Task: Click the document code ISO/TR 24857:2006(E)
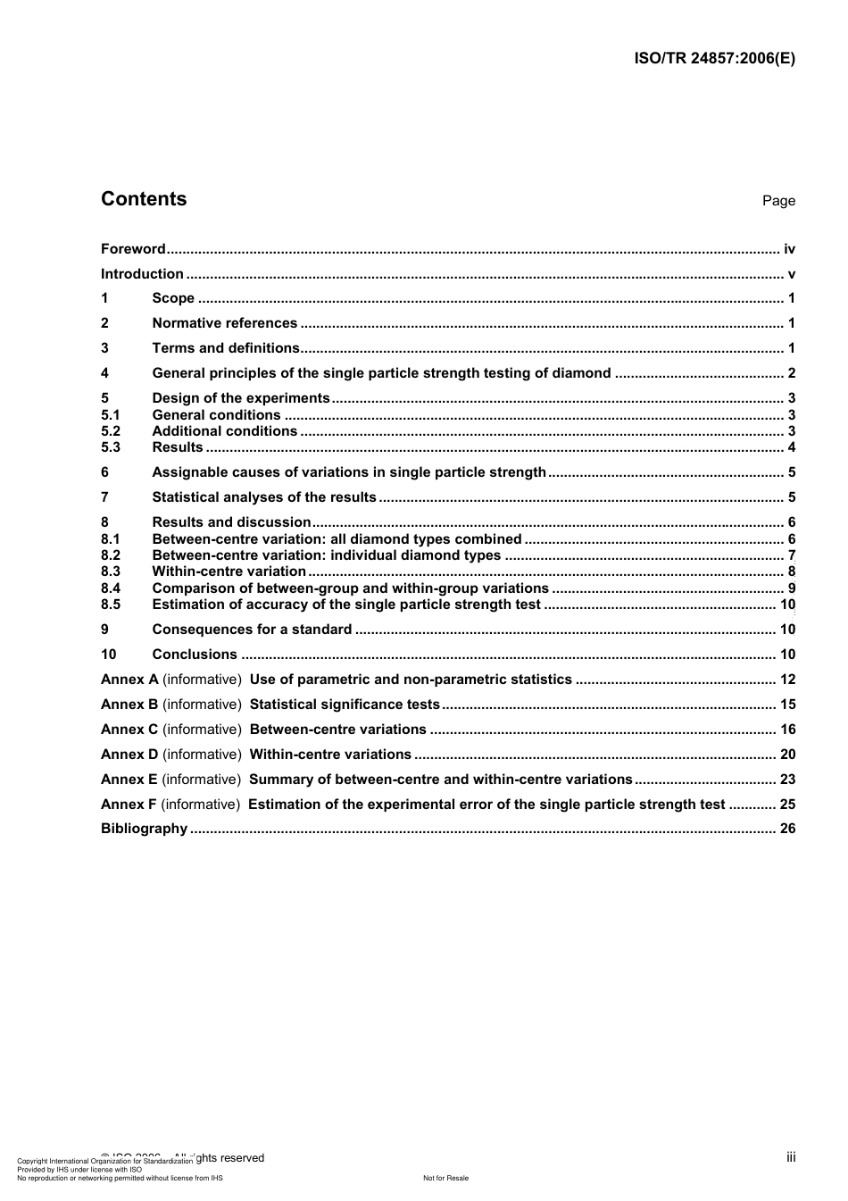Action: (714, 59)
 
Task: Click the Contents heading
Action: (144, 199)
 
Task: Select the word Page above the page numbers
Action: (778, 201)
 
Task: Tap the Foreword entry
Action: (133, 249)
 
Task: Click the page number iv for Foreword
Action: (789, 249)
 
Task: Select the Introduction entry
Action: (142, 274)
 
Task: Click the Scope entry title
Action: (173, 299)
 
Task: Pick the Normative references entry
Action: (224, 323)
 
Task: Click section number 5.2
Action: (111, 431)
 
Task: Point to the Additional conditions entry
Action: (224, 431)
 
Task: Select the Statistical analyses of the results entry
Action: (264, 497)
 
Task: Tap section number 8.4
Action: (111, 588)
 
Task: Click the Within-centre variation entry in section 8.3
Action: (229, 571)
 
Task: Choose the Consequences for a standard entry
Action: (252, 630)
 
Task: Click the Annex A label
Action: (129, 680)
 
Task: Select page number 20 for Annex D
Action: (787, 755)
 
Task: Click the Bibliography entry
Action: (144, 829)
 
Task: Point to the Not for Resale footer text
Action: (445, 1179)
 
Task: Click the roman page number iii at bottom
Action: (791, 1157)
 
